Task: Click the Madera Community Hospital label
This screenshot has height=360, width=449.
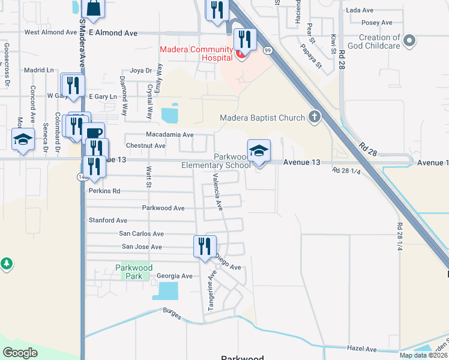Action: tap(196, 53)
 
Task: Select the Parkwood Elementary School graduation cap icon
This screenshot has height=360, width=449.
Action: tap(259, 151)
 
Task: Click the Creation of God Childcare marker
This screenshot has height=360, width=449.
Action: tap(410, 41)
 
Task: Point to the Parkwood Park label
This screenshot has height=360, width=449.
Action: tap(134, 272)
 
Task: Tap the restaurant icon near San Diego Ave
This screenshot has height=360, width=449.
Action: tap(205, 246)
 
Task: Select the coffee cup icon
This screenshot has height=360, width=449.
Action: tap(95, 133)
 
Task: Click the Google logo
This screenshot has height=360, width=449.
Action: tap(20, 352)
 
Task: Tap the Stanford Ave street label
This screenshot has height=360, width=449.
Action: tap(108, 221)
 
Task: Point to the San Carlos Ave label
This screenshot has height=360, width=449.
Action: tap(141, 234)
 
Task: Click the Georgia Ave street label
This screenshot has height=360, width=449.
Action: tap(174, 276)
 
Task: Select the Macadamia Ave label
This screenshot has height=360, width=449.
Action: tap(170, 135)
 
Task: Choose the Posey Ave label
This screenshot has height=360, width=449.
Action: tap(377, 23)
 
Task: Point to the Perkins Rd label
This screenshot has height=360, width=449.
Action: tap(104, 191)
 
